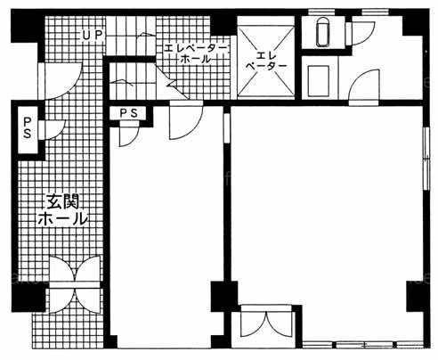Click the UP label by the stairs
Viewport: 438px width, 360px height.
(x=93, y=36)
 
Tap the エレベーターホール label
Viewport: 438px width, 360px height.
(x=196, y=53)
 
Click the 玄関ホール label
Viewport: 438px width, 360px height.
(x=63, y=210)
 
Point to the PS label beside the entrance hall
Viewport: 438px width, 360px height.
(x=27, y=128)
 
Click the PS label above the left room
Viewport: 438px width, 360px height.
(x=128, y=113)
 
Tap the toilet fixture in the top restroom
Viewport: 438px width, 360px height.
(x=322, y=32)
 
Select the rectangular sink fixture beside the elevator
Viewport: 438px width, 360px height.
(x=319, y=81)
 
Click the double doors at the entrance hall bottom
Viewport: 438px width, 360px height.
(x=75, y=284)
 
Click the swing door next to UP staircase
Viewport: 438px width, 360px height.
(x=61, y=80)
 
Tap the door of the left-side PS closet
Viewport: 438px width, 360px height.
(x=51, y=130)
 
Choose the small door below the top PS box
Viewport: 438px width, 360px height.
(x=129, y=136)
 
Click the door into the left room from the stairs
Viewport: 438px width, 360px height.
(x=186, y=120)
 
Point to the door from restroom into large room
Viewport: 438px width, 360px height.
(x=364, y=87)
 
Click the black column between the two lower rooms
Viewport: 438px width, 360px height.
(x=224, y=297)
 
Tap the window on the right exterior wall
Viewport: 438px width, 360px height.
(x=426, y=159)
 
